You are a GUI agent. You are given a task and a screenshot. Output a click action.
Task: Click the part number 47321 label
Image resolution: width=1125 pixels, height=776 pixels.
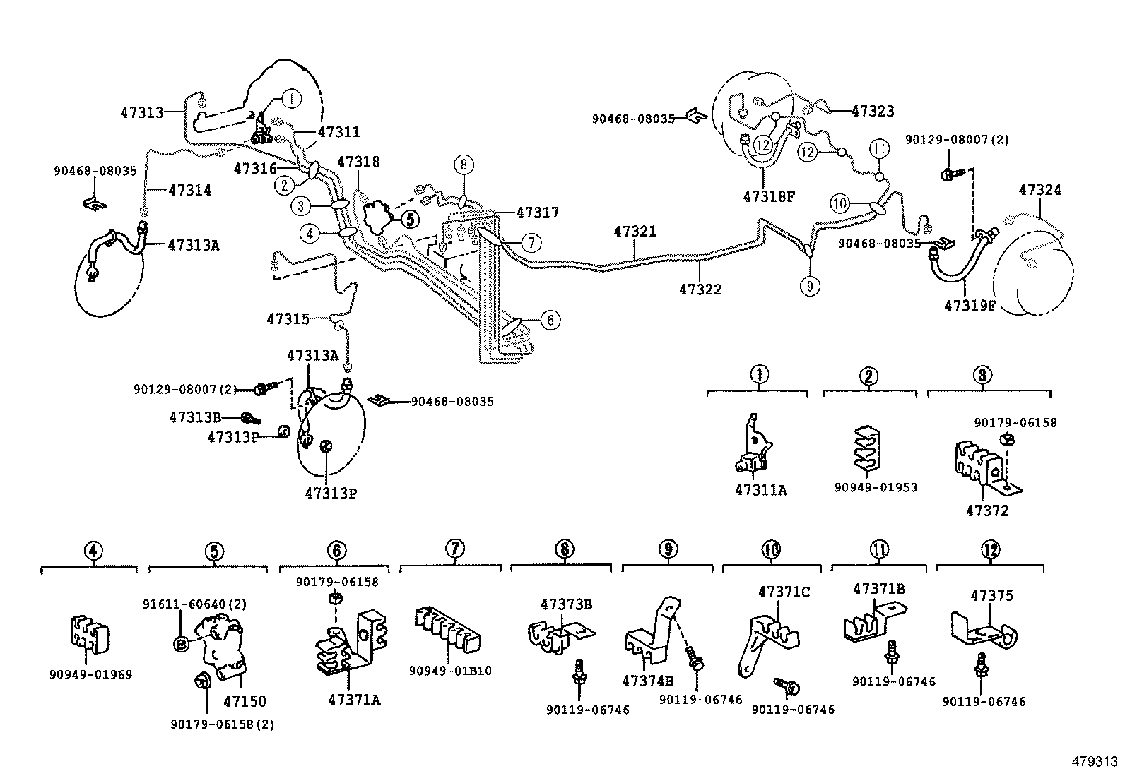[635, 231]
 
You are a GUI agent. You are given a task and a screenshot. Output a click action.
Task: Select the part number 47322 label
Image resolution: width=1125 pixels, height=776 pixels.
[700, 289]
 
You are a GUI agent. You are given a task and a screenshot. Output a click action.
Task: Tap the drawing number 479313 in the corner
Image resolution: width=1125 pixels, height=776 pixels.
[1094, 761]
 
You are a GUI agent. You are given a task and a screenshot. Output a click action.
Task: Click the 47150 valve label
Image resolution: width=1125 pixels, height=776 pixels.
[245, 701]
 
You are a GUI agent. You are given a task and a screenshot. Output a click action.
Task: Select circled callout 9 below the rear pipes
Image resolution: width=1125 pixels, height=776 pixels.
[810, 285]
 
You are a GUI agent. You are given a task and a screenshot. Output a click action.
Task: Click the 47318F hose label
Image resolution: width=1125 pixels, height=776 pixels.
[768, 196]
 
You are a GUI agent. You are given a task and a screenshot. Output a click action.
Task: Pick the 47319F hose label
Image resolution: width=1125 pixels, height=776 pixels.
[970, 305]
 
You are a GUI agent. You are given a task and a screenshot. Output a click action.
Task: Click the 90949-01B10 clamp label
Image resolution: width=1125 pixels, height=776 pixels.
[449, 671]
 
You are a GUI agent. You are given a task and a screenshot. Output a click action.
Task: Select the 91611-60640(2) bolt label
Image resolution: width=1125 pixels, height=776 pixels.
[194, 604]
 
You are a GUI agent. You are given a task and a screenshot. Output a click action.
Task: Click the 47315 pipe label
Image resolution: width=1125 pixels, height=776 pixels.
[288, 319]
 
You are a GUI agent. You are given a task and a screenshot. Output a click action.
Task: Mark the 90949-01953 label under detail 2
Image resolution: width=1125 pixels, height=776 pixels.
[869, 487]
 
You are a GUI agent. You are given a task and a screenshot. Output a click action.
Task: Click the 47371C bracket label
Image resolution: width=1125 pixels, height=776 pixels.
[784, 592]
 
